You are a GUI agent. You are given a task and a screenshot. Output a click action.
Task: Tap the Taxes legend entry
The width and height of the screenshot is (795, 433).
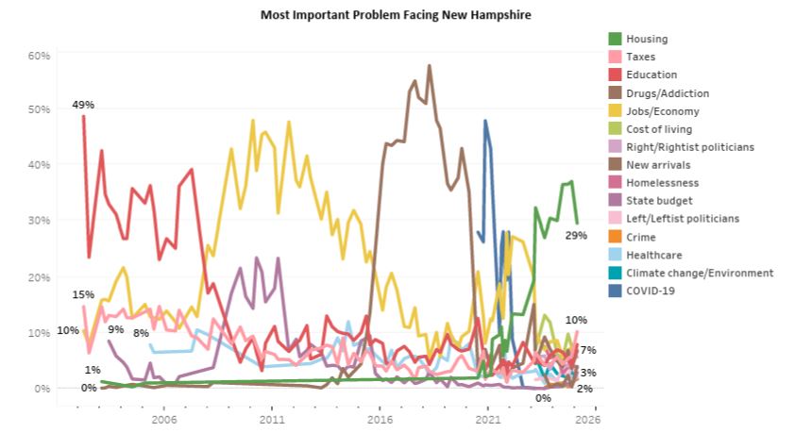click(640, 57)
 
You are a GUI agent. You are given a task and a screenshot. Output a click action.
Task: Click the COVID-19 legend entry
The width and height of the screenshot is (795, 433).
click(651, 291)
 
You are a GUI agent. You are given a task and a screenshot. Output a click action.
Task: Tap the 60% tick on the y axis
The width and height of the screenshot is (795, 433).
click(38, 56)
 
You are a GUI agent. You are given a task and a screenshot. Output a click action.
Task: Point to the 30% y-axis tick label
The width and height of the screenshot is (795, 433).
click(38, 222)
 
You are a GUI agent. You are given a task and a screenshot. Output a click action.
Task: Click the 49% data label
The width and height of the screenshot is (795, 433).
click(82, 104)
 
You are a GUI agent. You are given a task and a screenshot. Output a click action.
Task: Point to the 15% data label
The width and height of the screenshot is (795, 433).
click(82, 295)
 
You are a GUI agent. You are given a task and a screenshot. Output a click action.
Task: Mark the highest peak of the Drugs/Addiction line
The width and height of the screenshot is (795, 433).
click(430, 66)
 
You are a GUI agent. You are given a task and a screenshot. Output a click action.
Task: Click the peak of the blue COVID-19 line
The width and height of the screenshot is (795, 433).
click(484, 121)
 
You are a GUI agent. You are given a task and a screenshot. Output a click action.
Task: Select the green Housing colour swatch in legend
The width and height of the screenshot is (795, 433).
click(615, 39)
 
